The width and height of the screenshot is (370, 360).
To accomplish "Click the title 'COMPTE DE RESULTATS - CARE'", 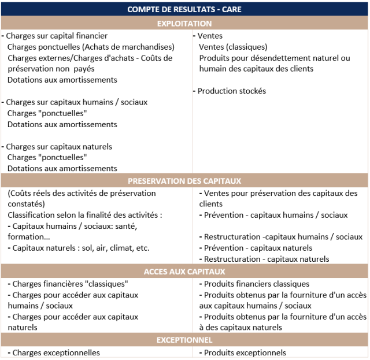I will (184, 9).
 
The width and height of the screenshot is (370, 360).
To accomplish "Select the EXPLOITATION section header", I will (184, 24).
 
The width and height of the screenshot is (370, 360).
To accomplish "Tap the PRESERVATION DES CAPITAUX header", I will (184, 181).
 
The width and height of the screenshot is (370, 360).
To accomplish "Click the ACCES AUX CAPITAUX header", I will (184, 272).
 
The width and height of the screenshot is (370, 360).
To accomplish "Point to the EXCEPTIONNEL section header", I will (184, 340).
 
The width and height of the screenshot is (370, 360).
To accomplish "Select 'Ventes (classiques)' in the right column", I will (233, 47).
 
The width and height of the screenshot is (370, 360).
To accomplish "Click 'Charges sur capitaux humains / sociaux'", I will (76, 102).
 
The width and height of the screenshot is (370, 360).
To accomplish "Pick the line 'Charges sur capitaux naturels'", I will (59, 147).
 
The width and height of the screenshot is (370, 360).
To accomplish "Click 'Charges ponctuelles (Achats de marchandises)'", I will (91, 47).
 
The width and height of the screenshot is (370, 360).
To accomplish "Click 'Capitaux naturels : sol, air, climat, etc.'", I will (80, 248).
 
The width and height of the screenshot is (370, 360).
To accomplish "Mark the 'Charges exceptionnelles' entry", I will (55, 352).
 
